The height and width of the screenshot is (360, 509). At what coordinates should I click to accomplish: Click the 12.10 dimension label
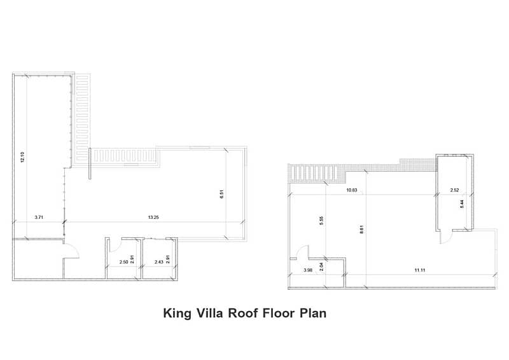coord(22,157)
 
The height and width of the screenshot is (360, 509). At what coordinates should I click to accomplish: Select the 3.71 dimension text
coord(39,218)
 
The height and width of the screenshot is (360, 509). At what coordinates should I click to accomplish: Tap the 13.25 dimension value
coord(153,218)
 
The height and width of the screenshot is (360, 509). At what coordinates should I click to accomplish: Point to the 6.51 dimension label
coord(221,194)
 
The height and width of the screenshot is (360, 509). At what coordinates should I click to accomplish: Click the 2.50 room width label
coord(123,262)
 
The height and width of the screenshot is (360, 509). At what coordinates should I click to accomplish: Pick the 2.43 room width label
coord(158,262)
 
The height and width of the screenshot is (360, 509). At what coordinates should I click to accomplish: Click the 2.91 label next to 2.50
coord(132,259)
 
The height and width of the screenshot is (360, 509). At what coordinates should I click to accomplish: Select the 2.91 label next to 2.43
coord(168,259)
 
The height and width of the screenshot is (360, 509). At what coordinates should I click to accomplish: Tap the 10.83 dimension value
coord(352,190)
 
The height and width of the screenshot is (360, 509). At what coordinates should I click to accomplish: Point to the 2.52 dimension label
coord(454,190)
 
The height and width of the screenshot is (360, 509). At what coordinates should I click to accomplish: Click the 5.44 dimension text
coord(462,204)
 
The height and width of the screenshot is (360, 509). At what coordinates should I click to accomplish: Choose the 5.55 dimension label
coord(321,221)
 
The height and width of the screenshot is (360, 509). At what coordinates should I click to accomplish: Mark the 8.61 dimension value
coord(362,229)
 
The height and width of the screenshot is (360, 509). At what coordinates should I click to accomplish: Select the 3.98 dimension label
coord(308,270)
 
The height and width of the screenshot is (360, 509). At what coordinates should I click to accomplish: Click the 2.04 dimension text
coord(321,267)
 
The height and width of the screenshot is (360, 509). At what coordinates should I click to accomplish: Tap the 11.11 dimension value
coord(420,270)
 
